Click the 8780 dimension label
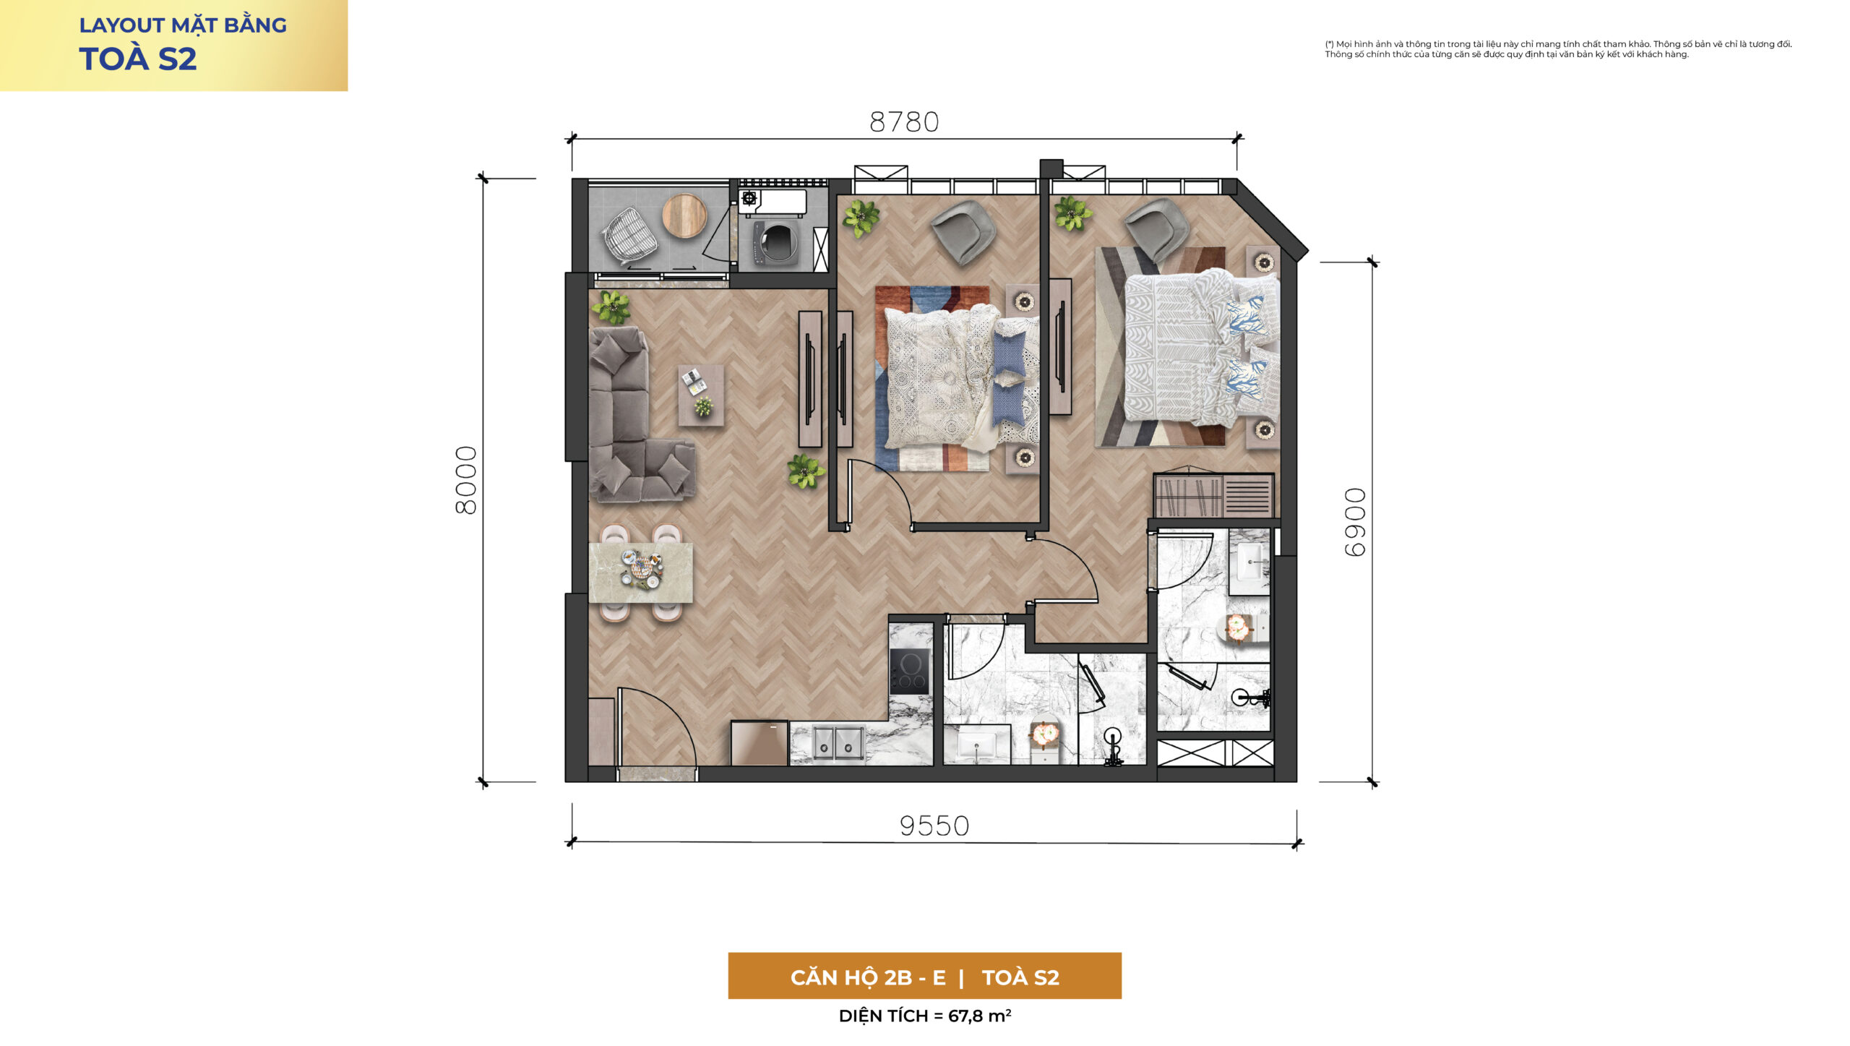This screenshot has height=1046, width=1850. click(904, 122)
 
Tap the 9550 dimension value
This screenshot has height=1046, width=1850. click(934, 826)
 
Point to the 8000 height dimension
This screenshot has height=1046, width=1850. click(466, 480)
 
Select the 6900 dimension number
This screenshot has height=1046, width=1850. click(1355, 522)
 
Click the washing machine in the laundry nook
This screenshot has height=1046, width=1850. click(776, 241)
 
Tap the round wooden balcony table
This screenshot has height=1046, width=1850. click(684, 215)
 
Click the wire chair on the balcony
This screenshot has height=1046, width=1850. click(629, 236)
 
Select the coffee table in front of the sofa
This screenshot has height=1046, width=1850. click(700, 395)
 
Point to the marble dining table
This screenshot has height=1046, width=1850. click(641, 573)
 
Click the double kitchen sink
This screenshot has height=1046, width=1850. click(838, 743)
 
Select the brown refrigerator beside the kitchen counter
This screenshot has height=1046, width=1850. click(759, 742)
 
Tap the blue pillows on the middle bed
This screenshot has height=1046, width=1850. click(1009, 377)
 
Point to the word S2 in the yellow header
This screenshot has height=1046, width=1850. click(177, 59)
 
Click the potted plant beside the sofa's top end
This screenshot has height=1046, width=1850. click(611, 307)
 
